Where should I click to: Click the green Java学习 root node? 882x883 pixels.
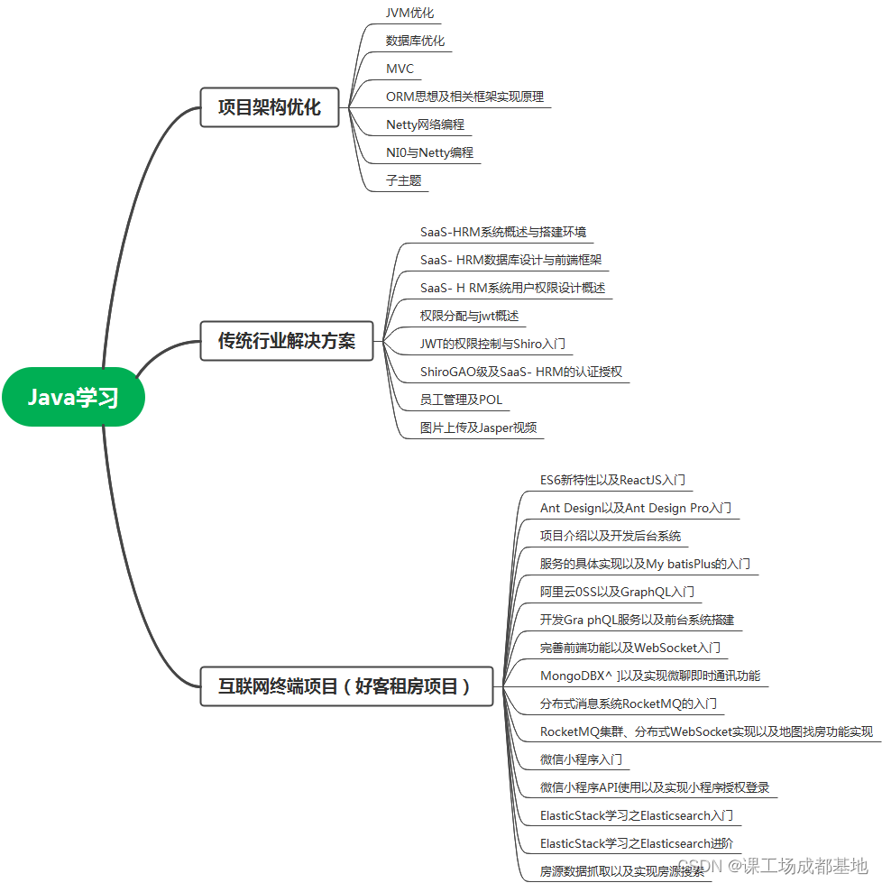click(x=73, y=397)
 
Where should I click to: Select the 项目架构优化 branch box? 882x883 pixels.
click(x=269, y=106)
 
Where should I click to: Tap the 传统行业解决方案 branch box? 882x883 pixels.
click(x=286, y=341)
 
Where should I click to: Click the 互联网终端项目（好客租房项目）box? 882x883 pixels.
click(x=346, y=686)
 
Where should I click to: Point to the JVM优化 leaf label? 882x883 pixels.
click(x=409, y=13)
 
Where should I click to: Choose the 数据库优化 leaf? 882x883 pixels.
click(x=415, y=41)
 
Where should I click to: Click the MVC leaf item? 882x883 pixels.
click(x=400, y=69)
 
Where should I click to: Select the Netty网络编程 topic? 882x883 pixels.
click(x=425, y=124)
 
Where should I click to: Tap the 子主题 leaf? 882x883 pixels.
click(x=403, y=180)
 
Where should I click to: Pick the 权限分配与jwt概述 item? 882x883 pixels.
click(x=469, y=316)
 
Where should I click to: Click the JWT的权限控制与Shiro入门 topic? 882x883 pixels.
click(x=492, y=344)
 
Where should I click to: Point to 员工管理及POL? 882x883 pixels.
click(x=461, y=400)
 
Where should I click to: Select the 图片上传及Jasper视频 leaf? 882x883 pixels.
click(x=478, y=428)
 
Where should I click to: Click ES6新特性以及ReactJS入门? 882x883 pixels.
click(x=613, y=480)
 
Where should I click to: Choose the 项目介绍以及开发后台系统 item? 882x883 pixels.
click(x=610, y=536)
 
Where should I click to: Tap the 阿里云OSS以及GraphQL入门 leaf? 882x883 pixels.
click(x=617, y=592)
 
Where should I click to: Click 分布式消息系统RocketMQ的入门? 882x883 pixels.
click(x=629, y=704)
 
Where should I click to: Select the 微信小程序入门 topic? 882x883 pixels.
click(x=581, y=759)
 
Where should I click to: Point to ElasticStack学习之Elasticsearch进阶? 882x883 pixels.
click(x=636, y=843)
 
